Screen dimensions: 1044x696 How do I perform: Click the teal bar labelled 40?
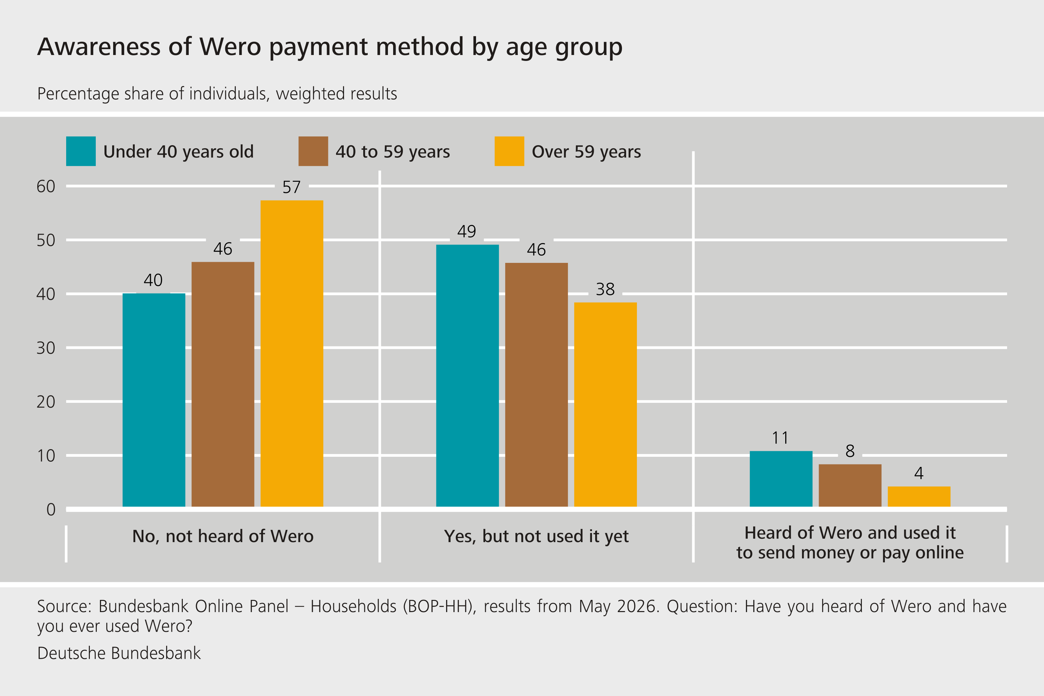pos(154,400)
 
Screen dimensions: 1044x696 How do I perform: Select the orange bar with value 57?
pos(291,353)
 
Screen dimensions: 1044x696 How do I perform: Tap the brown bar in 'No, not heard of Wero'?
pos(223,384)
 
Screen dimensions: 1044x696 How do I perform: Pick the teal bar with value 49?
pos(467,376)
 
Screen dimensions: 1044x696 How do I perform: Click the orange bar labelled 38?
pos(606,404)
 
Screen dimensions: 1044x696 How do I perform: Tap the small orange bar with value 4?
pos(919,496)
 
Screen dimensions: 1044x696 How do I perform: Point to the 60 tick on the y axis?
pos(46,186)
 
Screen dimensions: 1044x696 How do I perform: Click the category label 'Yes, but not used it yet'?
pos(536,537)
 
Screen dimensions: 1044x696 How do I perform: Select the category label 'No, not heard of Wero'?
pos(223,536)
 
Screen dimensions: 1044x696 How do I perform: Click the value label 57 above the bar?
pos(291,187)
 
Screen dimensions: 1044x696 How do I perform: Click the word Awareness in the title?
pos(99,47)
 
